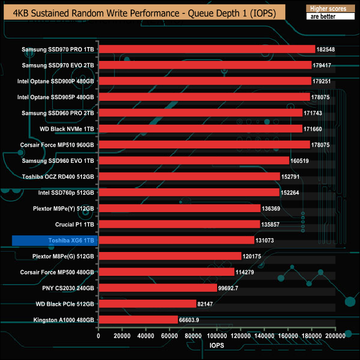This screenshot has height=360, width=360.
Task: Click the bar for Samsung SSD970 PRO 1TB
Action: click(x=207, y=49)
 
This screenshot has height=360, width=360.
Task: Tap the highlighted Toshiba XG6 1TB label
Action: click(x=54, y=240)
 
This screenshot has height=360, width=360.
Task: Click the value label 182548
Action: click(x=326, y=49)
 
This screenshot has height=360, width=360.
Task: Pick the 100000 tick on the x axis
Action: click(x=217, y=336)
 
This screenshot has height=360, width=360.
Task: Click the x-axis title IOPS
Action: click(x=217, y=345)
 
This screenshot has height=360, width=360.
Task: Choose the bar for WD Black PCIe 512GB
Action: click(x=147, y=304)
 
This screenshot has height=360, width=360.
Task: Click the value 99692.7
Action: click(x=230, y=288)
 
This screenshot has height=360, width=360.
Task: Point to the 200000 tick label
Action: click(x=334, y=336)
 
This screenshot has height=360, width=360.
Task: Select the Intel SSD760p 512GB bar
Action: click(x=189, y=193)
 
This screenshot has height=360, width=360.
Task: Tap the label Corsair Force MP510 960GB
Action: click(x=58, y=145)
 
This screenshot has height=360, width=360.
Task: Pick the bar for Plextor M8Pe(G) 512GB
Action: click(x=170, y=256)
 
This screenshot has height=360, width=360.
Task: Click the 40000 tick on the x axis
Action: click(x=146, y=336)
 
